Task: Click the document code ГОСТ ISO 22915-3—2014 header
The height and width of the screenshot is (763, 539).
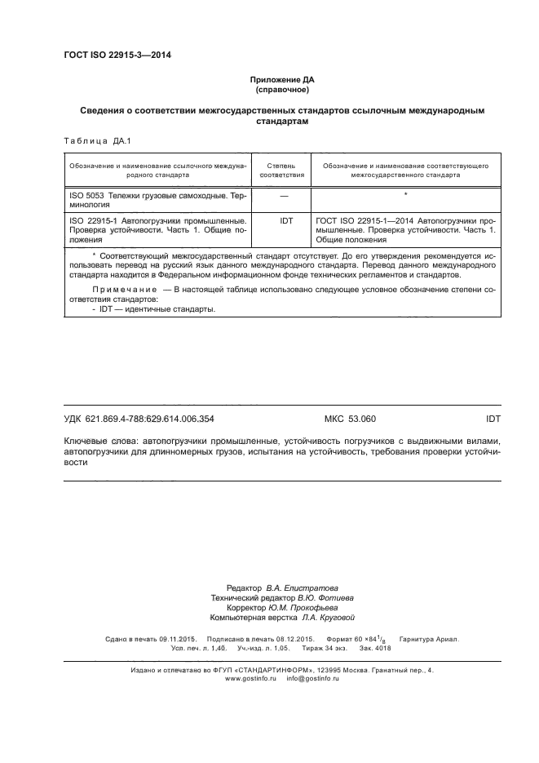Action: click(117, 56)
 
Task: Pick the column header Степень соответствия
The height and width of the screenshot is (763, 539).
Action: click(281, 170)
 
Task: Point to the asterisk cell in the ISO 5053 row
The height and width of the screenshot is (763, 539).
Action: click(404, 197)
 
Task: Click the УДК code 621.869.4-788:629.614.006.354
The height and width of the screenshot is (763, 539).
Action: click(139, 419)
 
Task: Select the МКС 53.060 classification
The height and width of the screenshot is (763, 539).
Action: click(350, 419)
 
